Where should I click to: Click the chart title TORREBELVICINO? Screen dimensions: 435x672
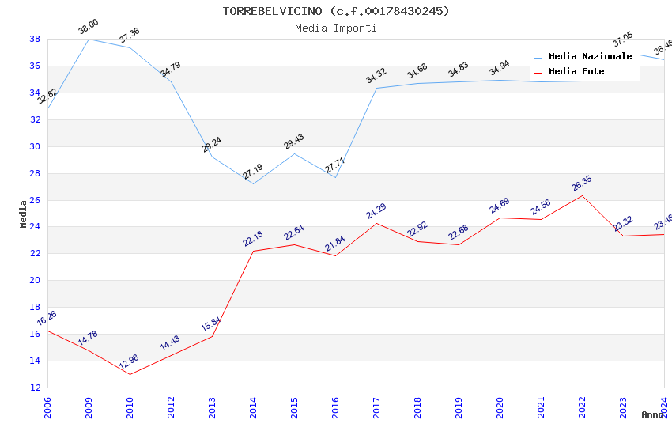pyautogui.click(x=336, y=11)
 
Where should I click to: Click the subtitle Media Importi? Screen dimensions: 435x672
pyautogui.click(x=336, y=28)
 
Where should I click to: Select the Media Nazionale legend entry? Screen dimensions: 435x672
pyautogui.click(x=590, y=56)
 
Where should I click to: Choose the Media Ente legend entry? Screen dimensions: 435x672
pyautogui.click(x=576, y=71)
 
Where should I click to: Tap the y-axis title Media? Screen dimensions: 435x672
pyautogui.click(x=24, y=214)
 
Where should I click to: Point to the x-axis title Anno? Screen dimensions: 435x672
pyautogui.click(x=652, y=414)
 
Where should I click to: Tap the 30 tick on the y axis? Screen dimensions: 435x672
pyautogui.click(x=36, y=146)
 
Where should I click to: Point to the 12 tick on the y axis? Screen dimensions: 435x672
pyautogui.click(x=36, y=388)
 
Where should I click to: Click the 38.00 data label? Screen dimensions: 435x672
pyautogui.click(x=88, y=28)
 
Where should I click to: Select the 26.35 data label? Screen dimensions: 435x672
pyautogui.click(x=582, y=183)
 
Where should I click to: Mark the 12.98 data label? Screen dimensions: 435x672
pyautogui.click(x=129, y=363)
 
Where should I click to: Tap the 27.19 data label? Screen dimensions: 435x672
pyautogui.click(x=253, y=172)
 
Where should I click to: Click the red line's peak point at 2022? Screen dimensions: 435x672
pyautogui.click(x=583, y=195)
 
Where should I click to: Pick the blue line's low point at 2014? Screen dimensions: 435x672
pyautogui.click(x=254, y=184)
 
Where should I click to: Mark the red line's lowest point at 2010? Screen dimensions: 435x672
pyautogui.click(x=130, y=374)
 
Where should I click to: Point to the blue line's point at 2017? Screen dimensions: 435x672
pyautogui.click(x=377, y=88)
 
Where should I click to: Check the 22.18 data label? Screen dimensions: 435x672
pyautogui.click(x=253, y=239)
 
